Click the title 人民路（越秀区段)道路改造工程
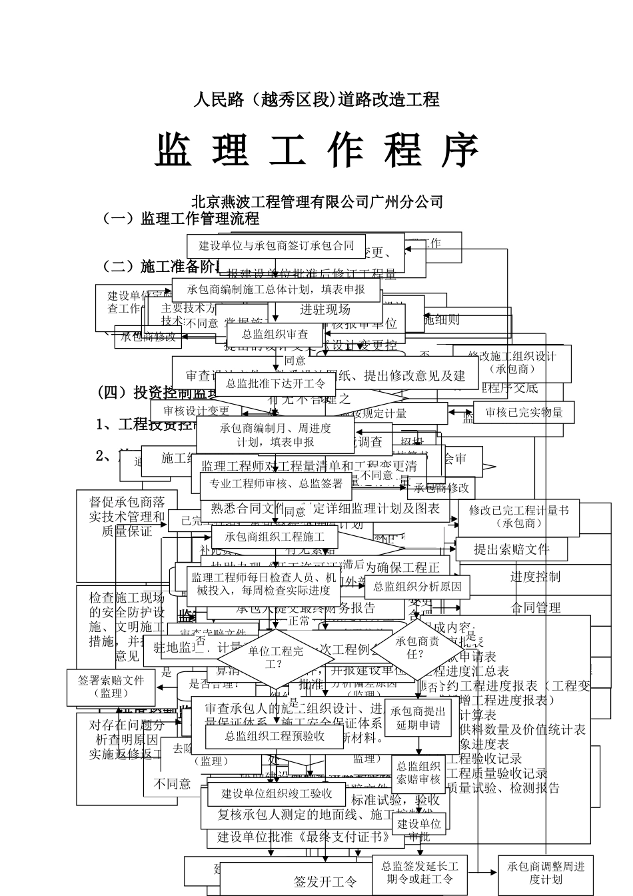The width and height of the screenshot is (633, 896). [316, 100]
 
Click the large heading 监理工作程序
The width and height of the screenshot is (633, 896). [317, 151]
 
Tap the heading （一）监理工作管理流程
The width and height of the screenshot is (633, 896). [180, 219]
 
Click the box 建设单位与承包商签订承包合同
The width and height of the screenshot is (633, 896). [277, 245]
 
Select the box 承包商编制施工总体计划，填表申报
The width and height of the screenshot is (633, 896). [276, 290]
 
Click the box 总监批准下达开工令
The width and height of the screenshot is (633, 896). [276, 383]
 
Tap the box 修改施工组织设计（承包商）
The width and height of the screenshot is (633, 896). [512, 363]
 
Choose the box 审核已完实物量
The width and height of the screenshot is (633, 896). [524, 413]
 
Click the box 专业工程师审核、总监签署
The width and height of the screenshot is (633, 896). [276, 484]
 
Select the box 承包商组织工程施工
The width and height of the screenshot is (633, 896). [275, 537]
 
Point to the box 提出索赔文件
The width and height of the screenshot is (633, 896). [511, 549]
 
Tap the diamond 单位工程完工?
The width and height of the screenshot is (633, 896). [275, 657]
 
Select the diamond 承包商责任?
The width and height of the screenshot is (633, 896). [417, 647]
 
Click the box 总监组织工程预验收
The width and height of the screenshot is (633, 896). [275, 736]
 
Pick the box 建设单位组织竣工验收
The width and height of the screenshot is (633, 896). [277, 793]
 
